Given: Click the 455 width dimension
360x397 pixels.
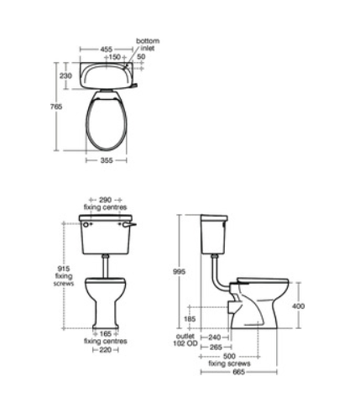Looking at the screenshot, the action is pyautogui.click(x=107, y=50).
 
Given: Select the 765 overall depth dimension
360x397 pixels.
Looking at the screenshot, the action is pyautogui.click(x=56, y=107).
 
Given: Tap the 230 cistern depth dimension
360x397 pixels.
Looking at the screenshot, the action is pyautogui.click(x=65, y=76).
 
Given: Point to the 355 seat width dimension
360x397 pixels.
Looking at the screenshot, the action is pyautogui.click(x=107, y=160).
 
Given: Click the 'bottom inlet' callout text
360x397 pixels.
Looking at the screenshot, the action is pyautogui.click(x=148, y=44).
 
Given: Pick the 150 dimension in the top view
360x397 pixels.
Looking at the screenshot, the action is pyautogui.click(x=114, y=57).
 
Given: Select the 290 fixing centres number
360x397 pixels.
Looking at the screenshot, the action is pyautogui.click(x=105, y=200).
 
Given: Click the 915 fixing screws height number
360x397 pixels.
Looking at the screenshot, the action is pyautogui.click(x=64, y=269).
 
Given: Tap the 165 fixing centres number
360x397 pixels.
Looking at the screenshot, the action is pyautogui.click(x=106, y=334).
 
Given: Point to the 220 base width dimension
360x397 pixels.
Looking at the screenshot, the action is pyautogui.click(x=105, y=350).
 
